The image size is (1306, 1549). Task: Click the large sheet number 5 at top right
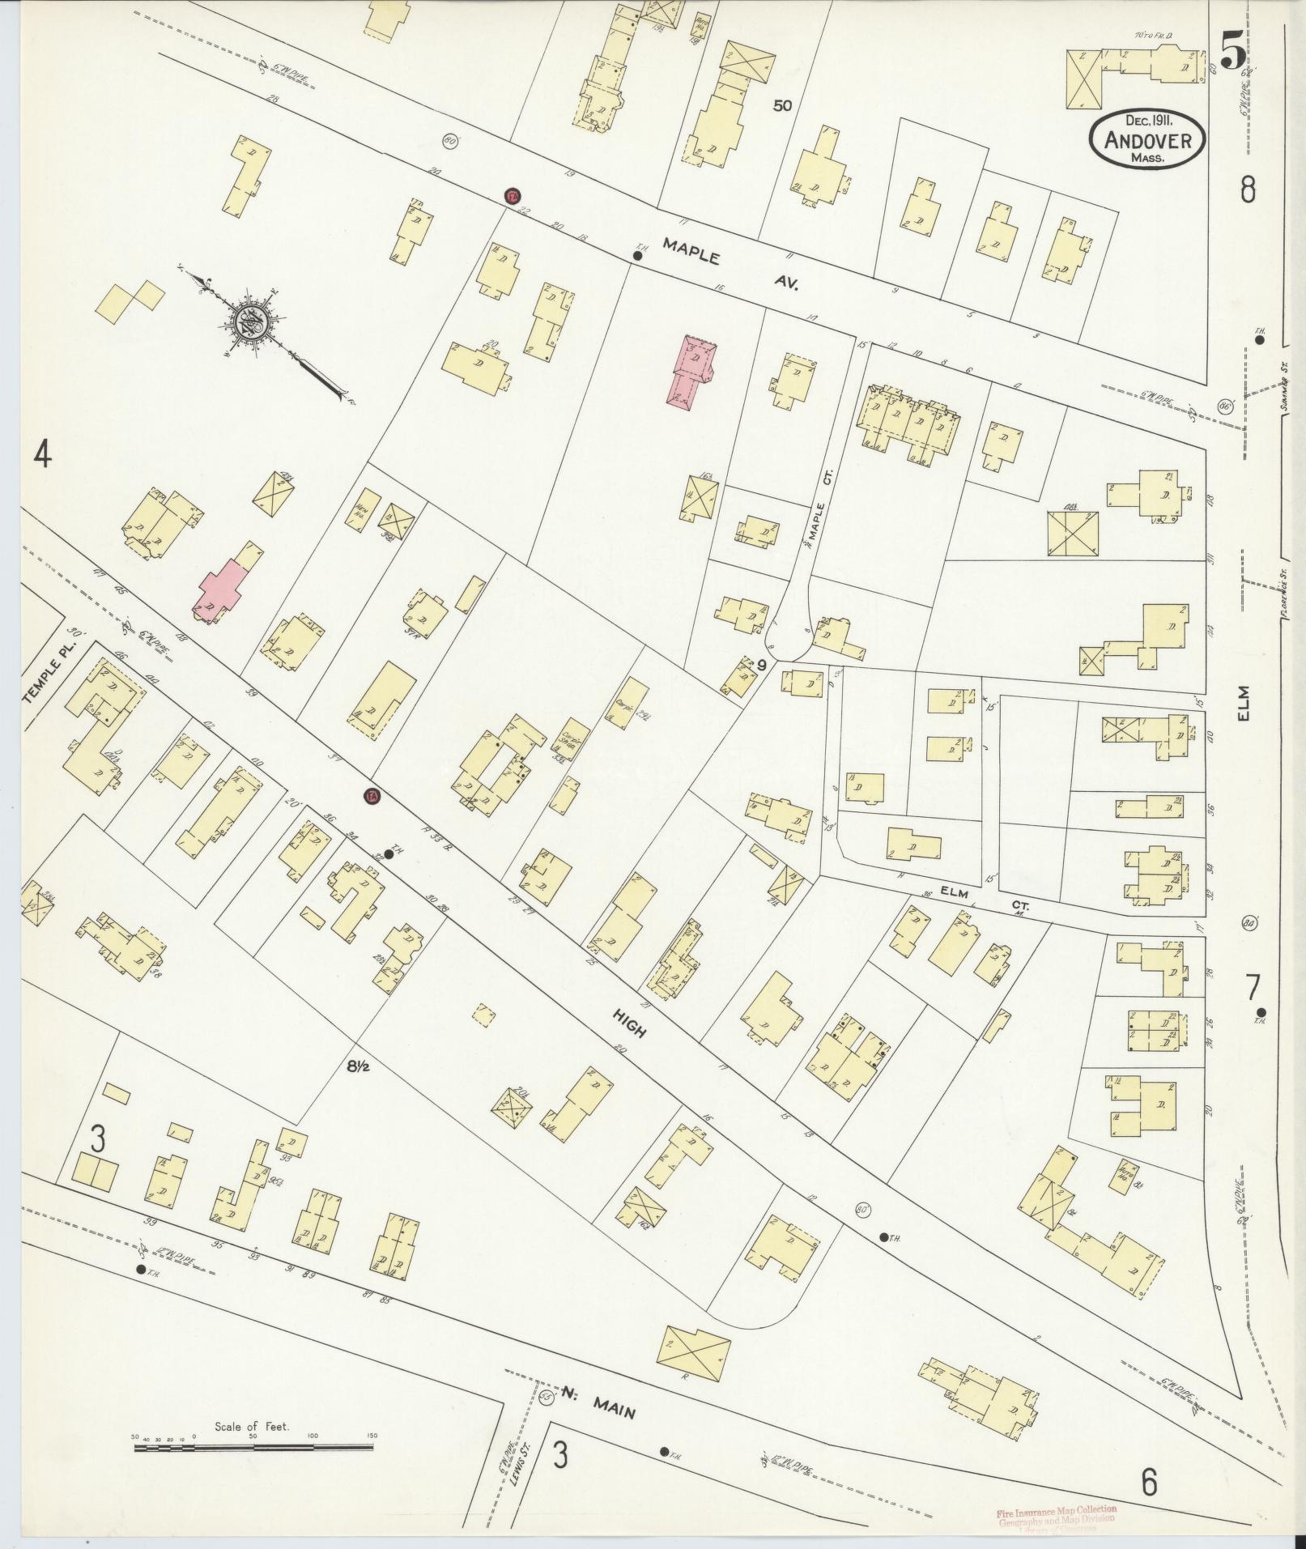point(1232,55)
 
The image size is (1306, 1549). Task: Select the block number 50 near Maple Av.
point(781,105)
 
